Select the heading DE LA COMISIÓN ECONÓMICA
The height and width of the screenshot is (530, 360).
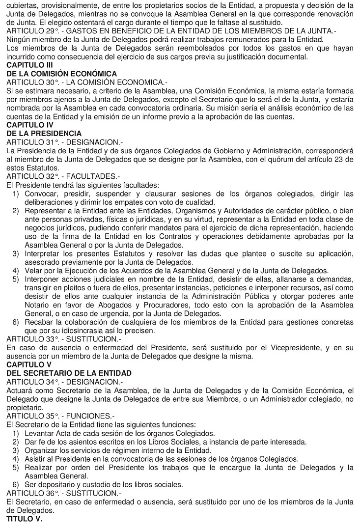point(61,73)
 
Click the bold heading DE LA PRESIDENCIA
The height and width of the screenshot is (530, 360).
point(44,133)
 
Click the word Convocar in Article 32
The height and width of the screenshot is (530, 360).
point(42,193)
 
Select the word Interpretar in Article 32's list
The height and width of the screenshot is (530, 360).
point(44,253)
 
